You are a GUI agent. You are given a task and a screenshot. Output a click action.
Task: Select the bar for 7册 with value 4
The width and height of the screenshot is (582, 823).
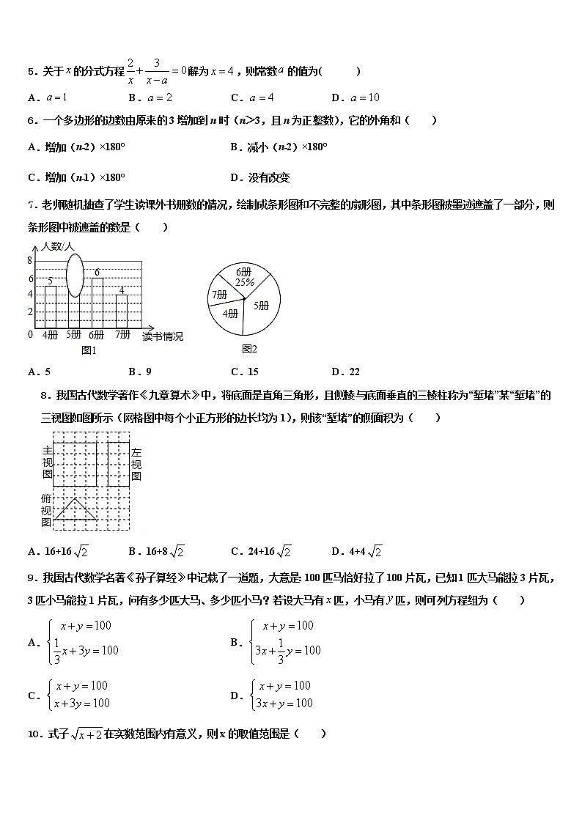(122, 311)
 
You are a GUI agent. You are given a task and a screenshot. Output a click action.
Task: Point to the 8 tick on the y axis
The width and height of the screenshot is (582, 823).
(30, 261)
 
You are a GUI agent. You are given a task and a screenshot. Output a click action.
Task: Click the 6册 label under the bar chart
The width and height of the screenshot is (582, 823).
(97, 335)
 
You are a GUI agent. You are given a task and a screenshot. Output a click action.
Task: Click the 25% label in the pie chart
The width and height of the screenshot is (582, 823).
(244, 282)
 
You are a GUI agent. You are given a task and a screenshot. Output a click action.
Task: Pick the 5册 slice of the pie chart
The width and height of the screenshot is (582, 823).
(260, 306)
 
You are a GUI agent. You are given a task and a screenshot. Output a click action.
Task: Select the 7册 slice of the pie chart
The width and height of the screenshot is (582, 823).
(219, 295)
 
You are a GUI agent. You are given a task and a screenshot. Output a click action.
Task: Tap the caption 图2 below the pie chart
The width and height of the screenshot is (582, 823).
(249, 348)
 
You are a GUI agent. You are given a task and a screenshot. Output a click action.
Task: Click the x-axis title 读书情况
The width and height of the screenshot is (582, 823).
(163, 336)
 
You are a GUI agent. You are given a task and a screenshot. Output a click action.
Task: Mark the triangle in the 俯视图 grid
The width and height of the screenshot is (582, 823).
(76, 509)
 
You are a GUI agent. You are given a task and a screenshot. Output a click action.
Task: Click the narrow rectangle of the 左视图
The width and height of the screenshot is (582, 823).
(119, 463)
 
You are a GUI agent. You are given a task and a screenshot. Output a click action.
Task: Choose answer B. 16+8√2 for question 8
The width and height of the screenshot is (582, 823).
(156, 552)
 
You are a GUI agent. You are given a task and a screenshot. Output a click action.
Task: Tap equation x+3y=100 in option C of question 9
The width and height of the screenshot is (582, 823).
(80, 704)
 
